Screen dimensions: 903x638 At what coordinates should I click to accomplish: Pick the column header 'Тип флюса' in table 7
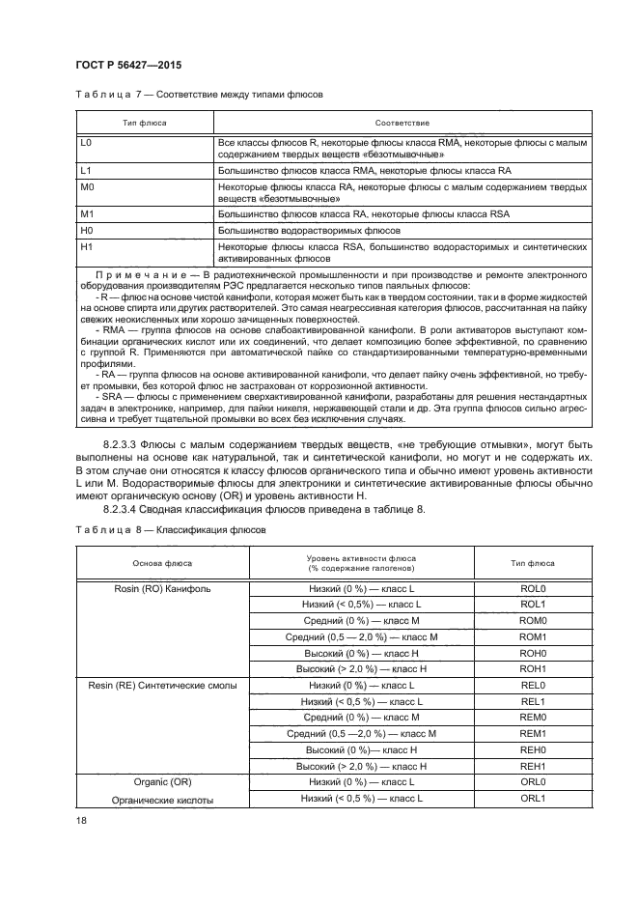point(142,124)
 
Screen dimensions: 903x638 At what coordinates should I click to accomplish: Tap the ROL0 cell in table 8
point(534,588)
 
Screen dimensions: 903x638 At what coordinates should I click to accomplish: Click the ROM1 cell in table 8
point(534,637)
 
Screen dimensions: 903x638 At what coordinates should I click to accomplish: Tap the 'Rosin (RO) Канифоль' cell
point(163,588)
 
